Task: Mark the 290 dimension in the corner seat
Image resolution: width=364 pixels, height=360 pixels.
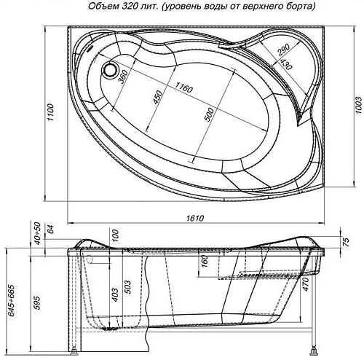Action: [283, 52]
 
